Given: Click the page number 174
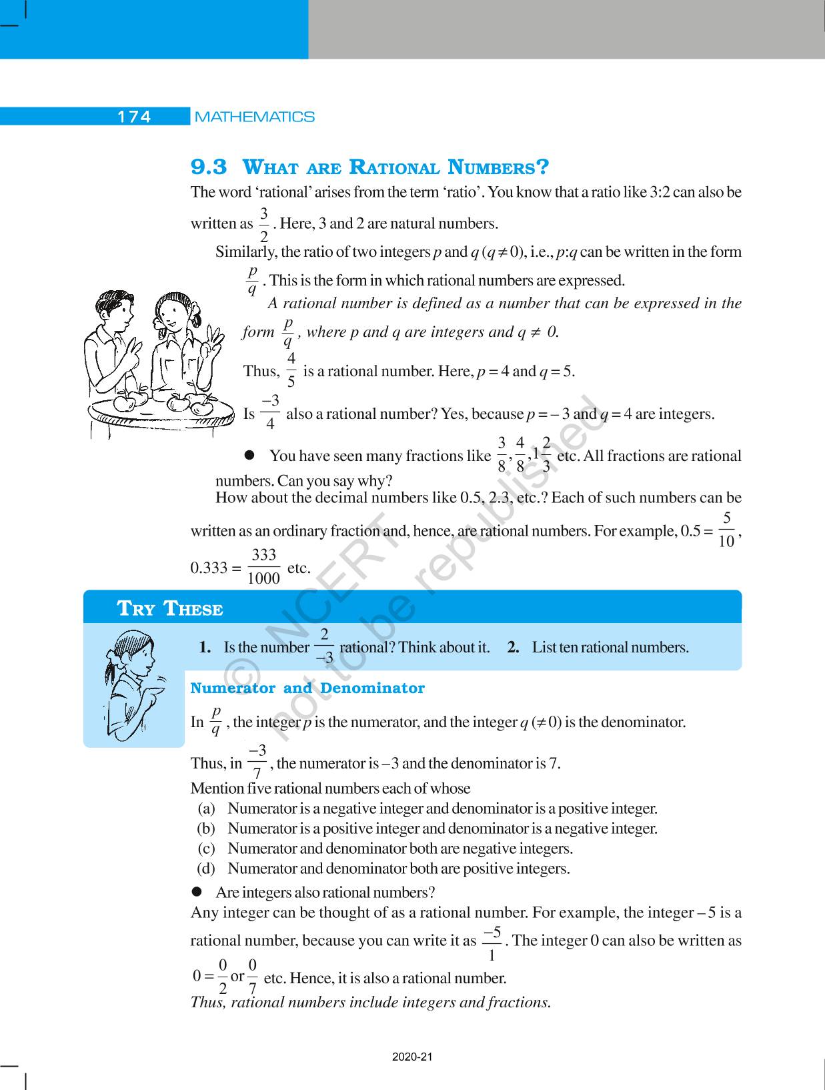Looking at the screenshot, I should click(x=134, y=117).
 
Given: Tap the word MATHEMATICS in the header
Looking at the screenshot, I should click(x=254, y=117).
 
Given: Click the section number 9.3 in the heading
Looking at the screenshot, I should click(x=209, y=167).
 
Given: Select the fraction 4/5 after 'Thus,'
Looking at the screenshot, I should click(x=291, y=370).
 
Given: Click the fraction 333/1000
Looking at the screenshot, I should click(x=263, y=567).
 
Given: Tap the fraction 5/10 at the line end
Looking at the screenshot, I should click(x=726, y=530).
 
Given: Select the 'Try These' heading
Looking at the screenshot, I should click(x=170, y=608).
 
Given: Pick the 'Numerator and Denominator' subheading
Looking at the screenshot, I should click(x=307, y=688).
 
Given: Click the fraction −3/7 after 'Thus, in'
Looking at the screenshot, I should click(x=257, y=762).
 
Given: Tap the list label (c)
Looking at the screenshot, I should click(x=206, y=849).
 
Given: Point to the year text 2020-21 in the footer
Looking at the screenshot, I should click(x=413, y=1057).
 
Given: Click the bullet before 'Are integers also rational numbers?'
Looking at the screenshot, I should click(x=197, y=892).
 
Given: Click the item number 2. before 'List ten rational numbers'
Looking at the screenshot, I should click(x=513, y=647).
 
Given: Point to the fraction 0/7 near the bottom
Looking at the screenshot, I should click(x=253, y=977).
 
